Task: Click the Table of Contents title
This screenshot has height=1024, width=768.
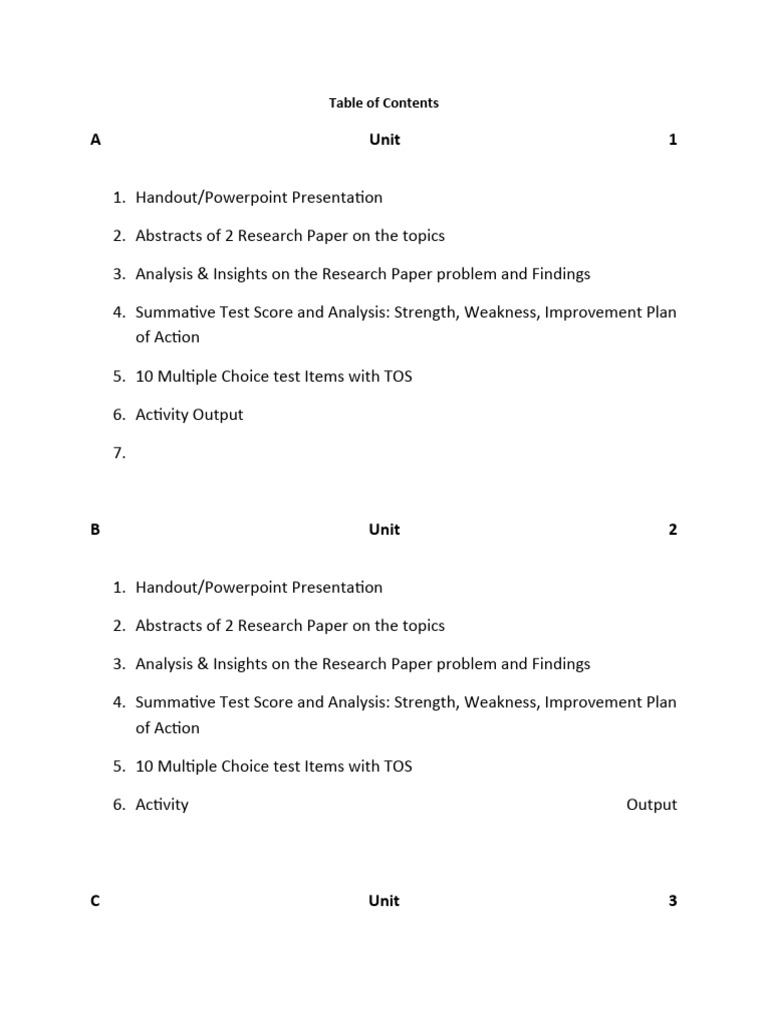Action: pos(384,103)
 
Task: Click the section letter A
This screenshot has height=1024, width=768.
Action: pos(96,140)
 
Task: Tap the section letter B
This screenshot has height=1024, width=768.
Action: pos(96,530)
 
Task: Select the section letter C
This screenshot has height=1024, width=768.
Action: pos(96,901)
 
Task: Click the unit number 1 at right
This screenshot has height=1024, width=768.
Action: pos(673,140)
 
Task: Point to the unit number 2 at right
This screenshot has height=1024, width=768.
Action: pos(673,530)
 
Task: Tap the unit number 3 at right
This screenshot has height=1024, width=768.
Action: pos(673,901)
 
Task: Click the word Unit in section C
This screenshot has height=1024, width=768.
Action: pos(384,901)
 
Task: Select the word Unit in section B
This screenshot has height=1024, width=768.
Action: pos(384,530)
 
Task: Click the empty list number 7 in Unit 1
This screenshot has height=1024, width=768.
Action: pos(119,453)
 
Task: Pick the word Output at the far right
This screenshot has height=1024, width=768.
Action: pos(652,805)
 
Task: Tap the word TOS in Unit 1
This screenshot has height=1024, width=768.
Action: pos(397,377)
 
